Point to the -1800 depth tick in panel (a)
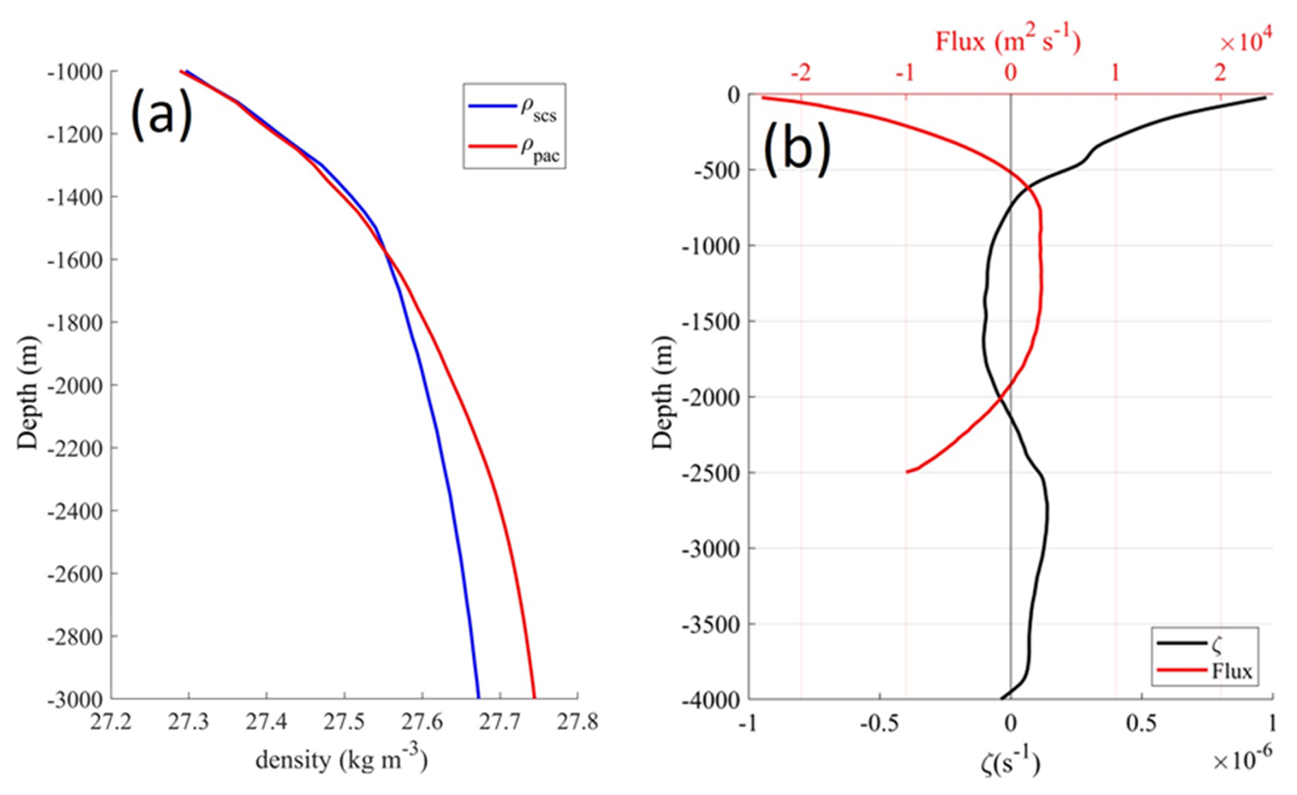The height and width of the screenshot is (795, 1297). [75, 322]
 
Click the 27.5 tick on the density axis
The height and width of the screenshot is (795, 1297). [344, 722]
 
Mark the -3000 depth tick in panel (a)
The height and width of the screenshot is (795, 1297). [75, 700]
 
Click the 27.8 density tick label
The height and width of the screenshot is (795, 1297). [577, 722]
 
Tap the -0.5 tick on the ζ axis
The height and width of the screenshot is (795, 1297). [880, 723]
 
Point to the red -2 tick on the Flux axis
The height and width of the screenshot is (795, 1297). [801, 72]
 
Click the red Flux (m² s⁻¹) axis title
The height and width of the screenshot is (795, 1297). [1008, 41]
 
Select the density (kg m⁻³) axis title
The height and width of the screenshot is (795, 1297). [341, 759]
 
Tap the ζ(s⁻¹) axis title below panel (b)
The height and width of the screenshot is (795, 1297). [1010, 761]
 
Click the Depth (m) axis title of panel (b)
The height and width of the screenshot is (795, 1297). [662, 392]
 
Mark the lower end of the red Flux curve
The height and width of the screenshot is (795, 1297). [908, 471]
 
